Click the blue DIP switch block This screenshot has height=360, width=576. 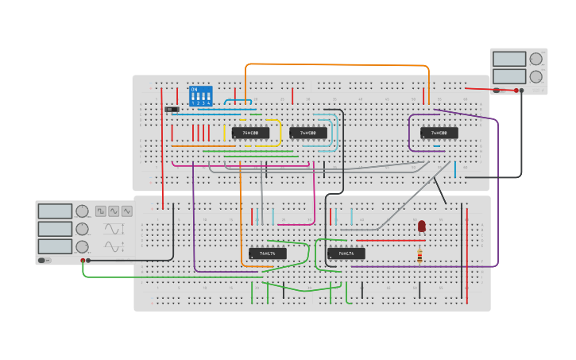(200, 96)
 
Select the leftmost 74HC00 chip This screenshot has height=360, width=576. (250, 133)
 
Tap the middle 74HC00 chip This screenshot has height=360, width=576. (308, 133)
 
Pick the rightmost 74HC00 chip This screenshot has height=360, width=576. (439, 133)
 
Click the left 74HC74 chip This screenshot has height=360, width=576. (268, 254)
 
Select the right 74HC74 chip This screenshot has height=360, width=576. (346, 254)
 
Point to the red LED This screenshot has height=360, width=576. (421, 226)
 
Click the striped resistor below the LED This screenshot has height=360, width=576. (419, 255)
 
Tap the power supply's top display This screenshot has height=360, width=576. (509, 59)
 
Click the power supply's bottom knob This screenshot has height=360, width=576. (536, 76)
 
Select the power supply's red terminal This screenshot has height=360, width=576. (516, 91)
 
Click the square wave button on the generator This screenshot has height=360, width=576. (101, 211)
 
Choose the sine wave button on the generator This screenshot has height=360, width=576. (114, 211)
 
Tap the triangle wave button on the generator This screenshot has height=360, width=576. (126, 211)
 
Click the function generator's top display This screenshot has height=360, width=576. (55, 211)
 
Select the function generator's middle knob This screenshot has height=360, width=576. (83, 229)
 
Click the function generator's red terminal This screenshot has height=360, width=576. (83, 260)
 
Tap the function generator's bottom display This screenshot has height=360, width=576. (55, 246)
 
